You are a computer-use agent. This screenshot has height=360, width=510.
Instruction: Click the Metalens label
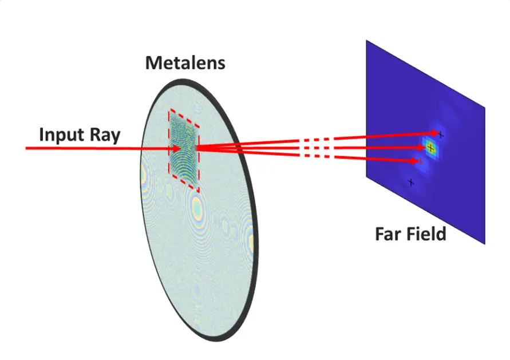(x=185, y=63)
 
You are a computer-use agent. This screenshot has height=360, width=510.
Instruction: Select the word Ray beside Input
(x=105, y=135)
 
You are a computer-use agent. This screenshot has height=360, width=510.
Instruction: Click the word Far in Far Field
(x=388, y=234)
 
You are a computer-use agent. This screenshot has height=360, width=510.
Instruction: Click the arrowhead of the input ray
(x=176, y=149)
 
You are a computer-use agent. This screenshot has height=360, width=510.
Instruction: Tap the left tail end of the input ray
(x=26, y=148)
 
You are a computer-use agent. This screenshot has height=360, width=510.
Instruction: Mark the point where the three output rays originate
(x=196, y=148)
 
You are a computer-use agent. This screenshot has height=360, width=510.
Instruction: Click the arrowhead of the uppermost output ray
(x=435, y=133)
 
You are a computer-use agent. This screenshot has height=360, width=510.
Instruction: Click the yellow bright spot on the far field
(x=430, y=148)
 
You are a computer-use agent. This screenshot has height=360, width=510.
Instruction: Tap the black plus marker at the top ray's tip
(x=441, y=134)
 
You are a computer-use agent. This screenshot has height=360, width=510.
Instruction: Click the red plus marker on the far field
(x=420, y=161)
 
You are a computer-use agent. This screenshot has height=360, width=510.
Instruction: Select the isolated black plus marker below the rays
(x=411, y=183)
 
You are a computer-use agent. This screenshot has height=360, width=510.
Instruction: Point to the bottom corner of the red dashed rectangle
(x=199, y=192)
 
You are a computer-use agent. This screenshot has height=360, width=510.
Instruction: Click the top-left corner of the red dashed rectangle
(x=169, y=110)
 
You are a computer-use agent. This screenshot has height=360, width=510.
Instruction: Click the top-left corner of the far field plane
(x=366, y=41)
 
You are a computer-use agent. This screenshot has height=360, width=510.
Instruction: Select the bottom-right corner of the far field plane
(x=485, y=244)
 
